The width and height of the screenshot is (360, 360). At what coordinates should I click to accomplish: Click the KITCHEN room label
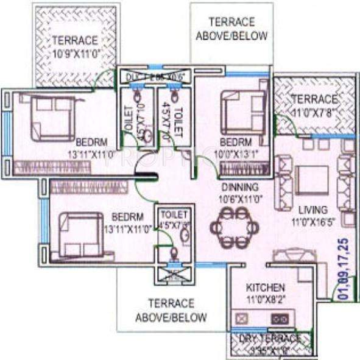(x=265, y=287)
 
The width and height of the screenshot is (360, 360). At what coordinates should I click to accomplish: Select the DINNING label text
(x=239, y=186)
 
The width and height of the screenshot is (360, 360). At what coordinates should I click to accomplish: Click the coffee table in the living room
(x=312, y=179)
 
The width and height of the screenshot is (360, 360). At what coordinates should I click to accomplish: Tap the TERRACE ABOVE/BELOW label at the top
(x=231, y=29)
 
